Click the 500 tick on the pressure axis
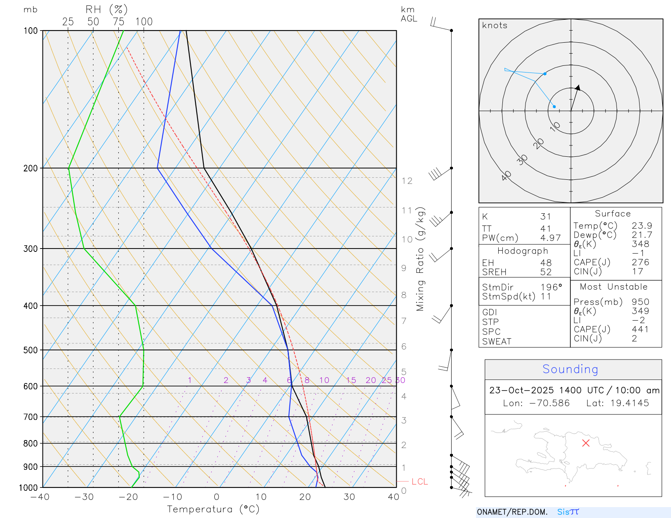[30, 350]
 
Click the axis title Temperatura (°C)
[213, 509]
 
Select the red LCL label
[419, 482]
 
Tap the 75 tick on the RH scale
[118, 22]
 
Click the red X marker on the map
[586, 443]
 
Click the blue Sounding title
[570, 369]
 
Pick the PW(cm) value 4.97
[550, 238]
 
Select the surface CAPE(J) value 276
[640, 262]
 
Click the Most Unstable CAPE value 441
[640, 329]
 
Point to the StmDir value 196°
[551, 287]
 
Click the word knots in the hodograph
[495, 26]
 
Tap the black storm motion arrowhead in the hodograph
[578, 88]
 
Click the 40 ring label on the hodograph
[506, 176]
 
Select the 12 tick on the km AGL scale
[407, 181]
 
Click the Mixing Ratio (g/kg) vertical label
[420, 259]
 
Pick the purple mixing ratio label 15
[351, 380]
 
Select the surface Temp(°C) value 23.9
[642, 226]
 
